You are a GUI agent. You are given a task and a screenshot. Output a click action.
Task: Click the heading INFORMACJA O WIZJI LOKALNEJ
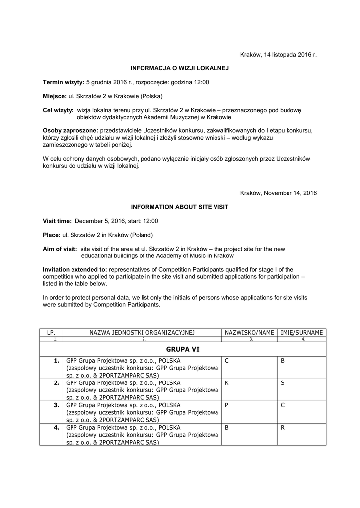[x=179, y=67]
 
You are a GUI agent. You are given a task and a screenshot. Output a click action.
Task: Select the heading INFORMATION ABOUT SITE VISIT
[x=179, y=206]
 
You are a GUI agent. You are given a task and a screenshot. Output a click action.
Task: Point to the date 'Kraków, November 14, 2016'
[x=278, y=192]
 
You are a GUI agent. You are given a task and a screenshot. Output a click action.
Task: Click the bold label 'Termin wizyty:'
[x=64, y=82]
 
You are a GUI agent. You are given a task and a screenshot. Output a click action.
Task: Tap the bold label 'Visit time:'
[x=57, y=221]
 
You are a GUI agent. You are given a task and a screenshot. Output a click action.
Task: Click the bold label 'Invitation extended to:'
[x=75, y=269]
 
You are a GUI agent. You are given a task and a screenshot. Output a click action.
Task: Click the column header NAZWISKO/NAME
[x=250, y=332]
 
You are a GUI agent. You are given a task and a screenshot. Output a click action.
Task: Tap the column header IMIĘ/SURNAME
[x=302, y=332]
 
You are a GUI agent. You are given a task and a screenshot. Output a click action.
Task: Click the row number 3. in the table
[x=57, y=405]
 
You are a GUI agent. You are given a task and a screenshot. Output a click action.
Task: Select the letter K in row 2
[x=226, y=383]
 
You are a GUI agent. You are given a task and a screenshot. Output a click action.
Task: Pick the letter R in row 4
[x=282, y=427]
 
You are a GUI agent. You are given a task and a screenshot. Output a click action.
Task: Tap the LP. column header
[x=51, y=332]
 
